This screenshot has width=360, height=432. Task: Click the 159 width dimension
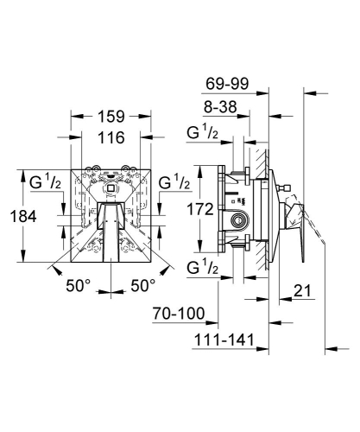click(x=111, y=117)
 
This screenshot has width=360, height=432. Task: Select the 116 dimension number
click(x=111, y=137)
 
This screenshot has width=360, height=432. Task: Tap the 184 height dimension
click(x=23, y=216)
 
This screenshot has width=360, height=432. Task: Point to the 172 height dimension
click(x=200, y=209)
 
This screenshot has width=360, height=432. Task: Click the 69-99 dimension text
click(x=227, y=84)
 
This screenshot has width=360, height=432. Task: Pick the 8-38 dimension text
click(x=220, y=107)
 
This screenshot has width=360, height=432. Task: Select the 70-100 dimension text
click(x=179, y=314)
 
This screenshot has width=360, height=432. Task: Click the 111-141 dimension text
click(x=224, y=340)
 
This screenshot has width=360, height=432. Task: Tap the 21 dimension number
click(x=302, y=291)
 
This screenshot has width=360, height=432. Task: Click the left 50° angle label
click(x=79, y=286)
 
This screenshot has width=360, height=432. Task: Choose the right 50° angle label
click(x=143, y=286)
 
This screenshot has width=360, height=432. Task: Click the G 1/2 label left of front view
click(x=45, y=181)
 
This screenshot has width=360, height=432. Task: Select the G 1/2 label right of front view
click(x=174, y=181)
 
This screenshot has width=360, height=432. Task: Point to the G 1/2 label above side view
click(x=202, y=132)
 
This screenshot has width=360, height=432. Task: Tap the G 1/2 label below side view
click(x=202, y=267)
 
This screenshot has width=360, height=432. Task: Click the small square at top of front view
click(x=111, y=188)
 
